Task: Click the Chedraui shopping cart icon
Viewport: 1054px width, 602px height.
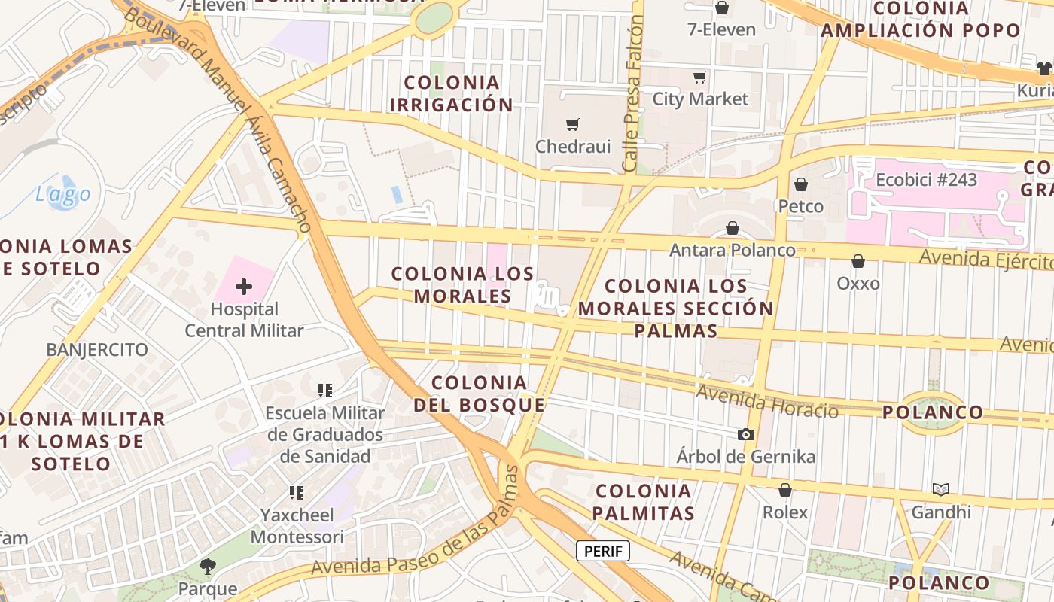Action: coord(573,124)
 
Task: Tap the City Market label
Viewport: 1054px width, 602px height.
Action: coord(700,99)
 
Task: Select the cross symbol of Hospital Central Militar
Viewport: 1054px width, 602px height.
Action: coord(244,287)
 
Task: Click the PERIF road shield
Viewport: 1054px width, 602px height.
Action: coord(603,551)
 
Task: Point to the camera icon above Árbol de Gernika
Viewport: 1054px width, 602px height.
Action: coord(746,434)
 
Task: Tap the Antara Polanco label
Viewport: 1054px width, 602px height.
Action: coord(733,250)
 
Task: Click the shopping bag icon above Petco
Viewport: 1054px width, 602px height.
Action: coord(801,184)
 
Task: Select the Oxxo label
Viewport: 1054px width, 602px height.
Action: coord(858,284)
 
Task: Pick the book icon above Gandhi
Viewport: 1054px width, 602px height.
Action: coord(941,490)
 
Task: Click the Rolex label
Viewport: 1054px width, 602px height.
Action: coord(785,512)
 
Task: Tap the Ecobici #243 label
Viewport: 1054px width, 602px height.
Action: coord(926,180)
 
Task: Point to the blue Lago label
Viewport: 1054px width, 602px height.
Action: coord(63,194)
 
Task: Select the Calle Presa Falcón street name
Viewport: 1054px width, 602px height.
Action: coord(633,94)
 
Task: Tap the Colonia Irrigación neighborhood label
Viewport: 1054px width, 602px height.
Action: coord(452,93)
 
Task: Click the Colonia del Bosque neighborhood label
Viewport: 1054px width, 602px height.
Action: coord(479,394)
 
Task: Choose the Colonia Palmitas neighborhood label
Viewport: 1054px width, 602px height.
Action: coord(643,502)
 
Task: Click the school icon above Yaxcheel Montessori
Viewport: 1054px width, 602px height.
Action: coord(297,493)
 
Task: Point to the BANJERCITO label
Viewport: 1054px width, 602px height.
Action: coord(97,350)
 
